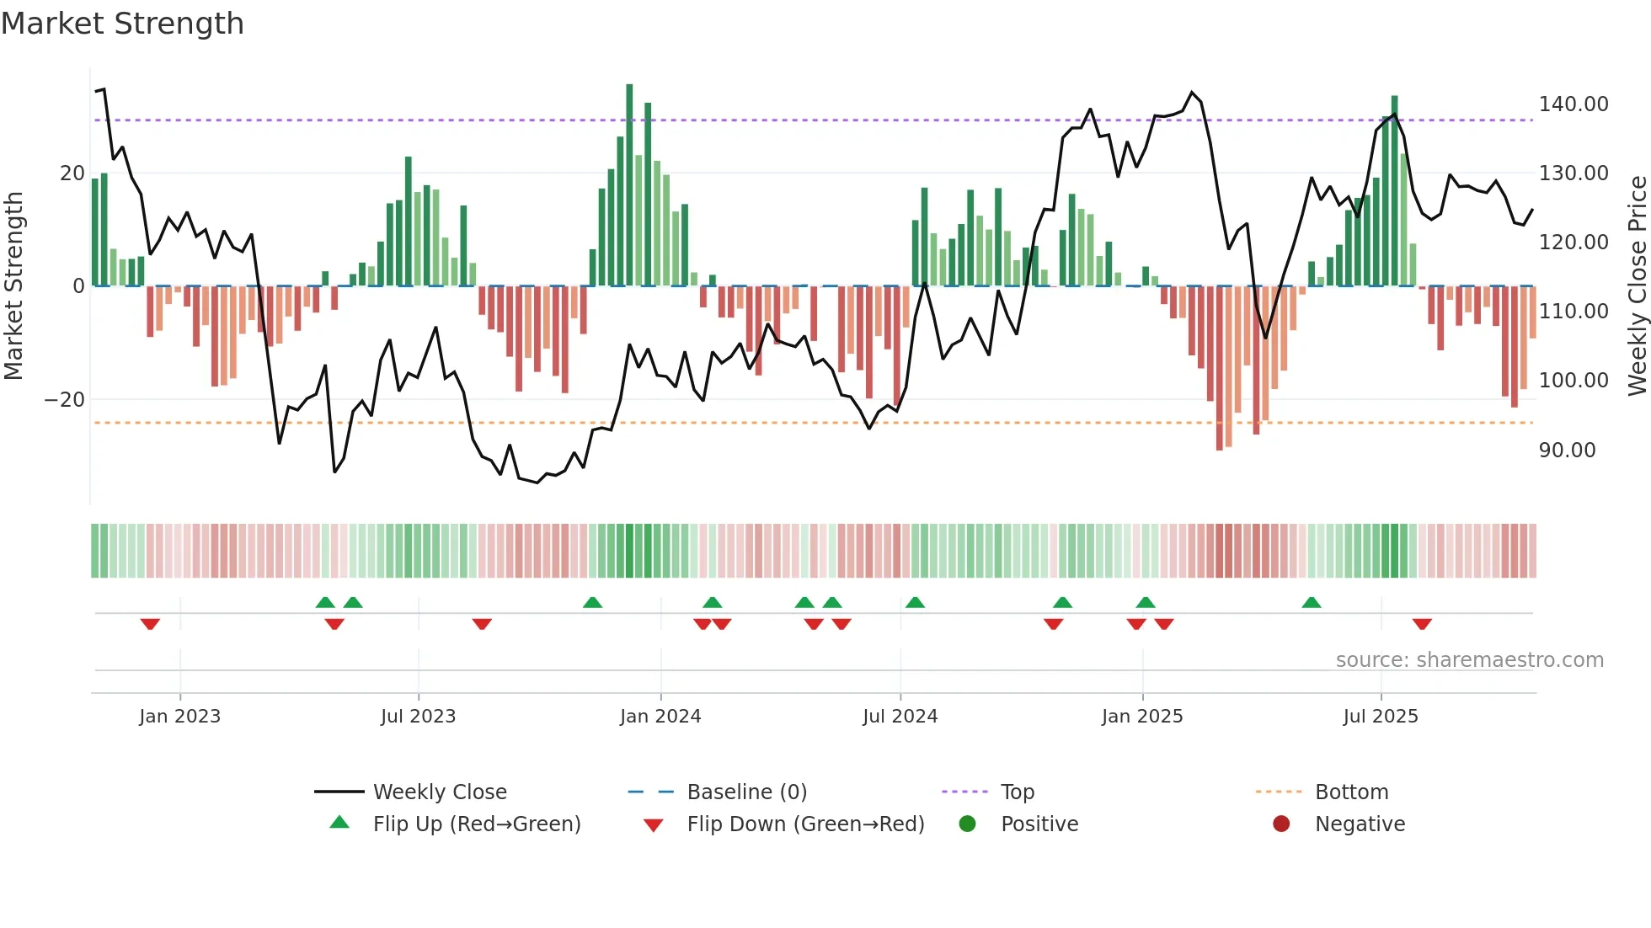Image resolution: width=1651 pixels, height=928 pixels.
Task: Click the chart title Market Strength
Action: pos(122,24)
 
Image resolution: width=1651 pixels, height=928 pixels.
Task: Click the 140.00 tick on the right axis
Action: pos(1573,104)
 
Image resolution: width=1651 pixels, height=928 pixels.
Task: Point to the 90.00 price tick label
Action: pos(1567,451)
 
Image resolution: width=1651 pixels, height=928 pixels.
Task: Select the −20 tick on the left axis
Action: pos(64,400)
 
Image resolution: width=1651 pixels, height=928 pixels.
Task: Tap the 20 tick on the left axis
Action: pos(72,173)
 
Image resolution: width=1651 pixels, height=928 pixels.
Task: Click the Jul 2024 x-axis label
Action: pos(900,717)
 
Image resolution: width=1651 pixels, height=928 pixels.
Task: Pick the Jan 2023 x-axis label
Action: pos(179,717)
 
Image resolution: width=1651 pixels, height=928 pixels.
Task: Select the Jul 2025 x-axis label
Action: pos(1380,717)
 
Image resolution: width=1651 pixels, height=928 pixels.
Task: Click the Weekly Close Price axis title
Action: pos(1637,286)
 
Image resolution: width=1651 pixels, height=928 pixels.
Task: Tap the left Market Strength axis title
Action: pos(14,286)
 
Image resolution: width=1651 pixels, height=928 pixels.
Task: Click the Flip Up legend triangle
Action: pos(339,823)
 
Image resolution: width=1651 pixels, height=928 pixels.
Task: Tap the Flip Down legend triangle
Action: pos(653,825)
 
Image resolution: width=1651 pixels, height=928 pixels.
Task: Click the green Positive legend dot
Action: pos(967,824)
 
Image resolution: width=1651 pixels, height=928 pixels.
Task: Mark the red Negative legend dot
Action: pos(1281,824)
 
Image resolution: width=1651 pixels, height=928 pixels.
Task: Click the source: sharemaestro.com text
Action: pos(1469,660)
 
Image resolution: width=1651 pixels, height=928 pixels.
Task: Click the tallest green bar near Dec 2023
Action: pos(629,185)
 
